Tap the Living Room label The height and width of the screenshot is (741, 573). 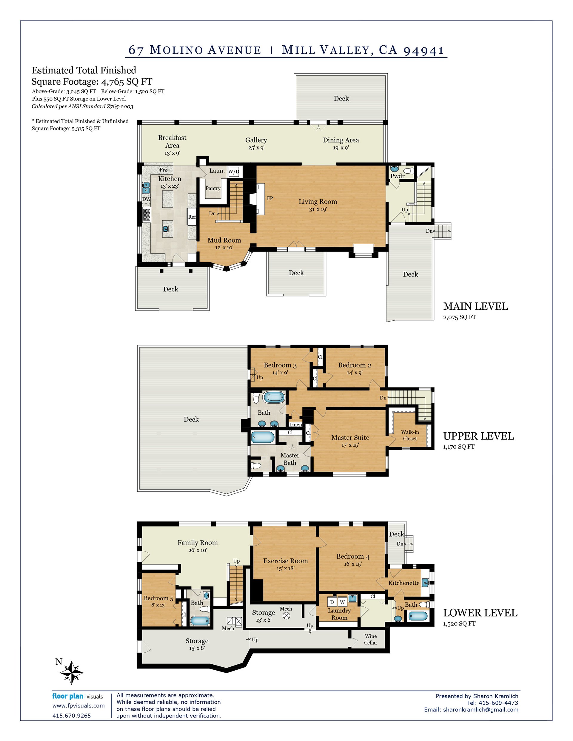[x=318, y=202]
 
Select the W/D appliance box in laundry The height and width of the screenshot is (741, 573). [x=234, y=172]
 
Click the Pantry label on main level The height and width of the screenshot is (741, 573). [x=213, y=188]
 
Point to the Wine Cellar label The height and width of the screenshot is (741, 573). [x=371, y=639]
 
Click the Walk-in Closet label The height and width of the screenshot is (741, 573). [x=410, y=435]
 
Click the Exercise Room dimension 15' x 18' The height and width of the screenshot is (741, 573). [x=286, y=569]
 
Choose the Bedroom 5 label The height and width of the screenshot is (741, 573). [x=158, y=598]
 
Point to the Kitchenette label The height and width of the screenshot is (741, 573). [x=404, y=583]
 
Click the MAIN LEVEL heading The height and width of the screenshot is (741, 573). [x=476, y=306]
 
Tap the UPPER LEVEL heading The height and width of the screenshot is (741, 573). [x=479, y=436]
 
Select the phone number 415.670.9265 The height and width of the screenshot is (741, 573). [x=71, y=716]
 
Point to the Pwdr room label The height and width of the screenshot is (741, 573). [x=397, y=176]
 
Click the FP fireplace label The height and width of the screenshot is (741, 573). [x=270, y=198]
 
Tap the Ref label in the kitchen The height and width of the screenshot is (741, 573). [x=192, y=217]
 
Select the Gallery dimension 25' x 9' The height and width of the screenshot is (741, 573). [x=256, y=148]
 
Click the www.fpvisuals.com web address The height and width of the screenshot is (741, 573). [x=78, y=706]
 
